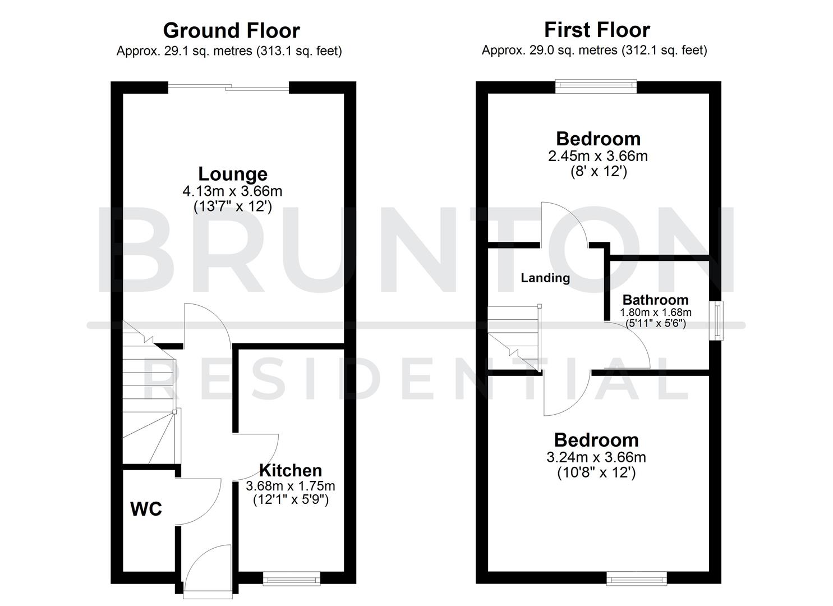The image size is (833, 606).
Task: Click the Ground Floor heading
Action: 231,30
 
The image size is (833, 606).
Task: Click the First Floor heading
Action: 597,29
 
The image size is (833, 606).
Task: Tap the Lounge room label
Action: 232,174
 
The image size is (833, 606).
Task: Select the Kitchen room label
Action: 290,470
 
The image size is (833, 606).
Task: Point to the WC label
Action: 146,509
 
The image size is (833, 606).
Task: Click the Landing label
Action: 545,278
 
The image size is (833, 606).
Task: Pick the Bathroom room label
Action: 655,300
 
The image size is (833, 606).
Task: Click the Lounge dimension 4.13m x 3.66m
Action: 232,191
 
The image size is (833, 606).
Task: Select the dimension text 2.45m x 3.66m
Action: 597,156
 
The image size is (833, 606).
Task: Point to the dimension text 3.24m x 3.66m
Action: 596,457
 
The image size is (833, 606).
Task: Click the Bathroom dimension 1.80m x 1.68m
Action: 655,313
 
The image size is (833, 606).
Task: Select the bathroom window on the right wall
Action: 717,320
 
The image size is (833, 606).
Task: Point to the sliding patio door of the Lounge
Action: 229,87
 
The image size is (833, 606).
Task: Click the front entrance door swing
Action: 205,570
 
